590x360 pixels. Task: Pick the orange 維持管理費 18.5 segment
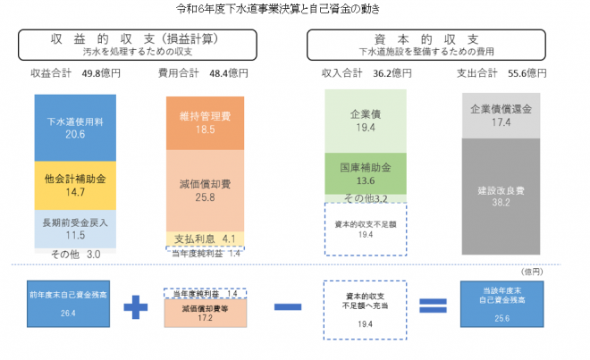[205, 123]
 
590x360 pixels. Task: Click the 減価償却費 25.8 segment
[205, 190]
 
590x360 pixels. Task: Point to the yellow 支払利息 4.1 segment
[205, 239]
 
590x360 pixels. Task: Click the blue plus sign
[134, 307]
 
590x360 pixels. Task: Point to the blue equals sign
[432, 306]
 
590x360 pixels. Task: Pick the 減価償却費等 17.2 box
[205, 312]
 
